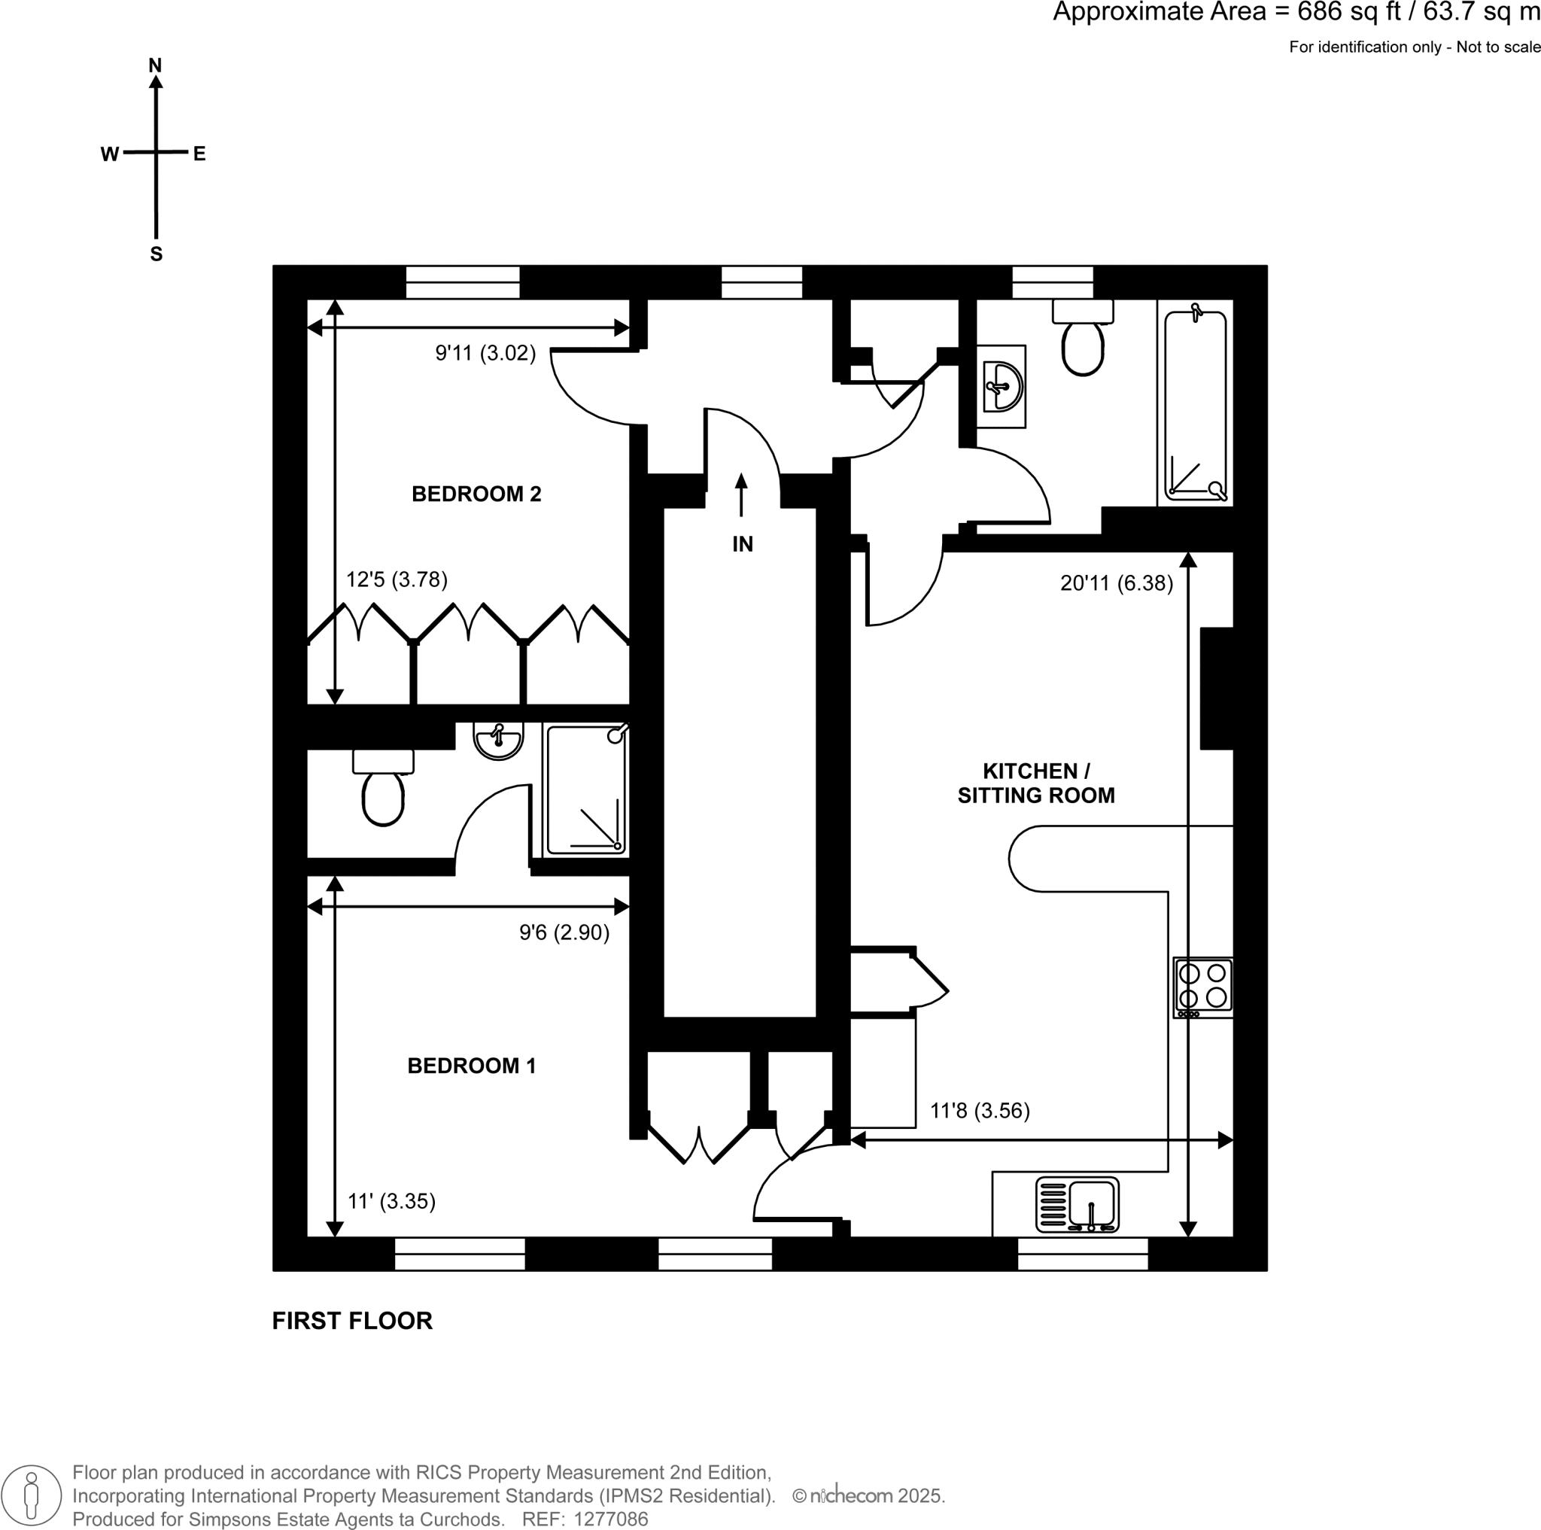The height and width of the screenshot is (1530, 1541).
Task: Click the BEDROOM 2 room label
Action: tap(476, 494)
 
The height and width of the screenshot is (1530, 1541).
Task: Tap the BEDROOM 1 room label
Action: tap(471, 1066)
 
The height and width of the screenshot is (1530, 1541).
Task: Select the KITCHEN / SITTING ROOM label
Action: tap(1036, 783)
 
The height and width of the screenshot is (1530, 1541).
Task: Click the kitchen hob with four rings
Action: tap(1203, 987)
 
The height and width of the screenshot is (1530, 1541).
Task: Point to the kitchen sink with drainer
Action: tap(1077, 1205)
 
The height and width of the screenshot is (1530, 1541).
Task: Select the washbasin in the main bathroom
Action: tap(1001, 387)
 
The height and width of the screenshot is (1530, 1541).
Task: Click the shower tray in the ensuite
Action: tap(585, 789)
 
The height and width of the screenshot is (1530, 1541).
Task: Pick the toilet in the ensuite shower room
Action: tap(384, 788)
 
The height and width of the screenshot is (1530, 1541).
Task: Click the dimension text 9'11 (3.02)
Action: tap(485, 353)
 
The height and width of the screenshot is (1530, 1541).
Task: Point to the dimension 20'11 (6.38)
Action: tap(1117, 583)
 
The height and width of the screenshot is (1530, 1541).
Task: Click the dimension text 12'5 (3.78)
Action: tap(397, 579)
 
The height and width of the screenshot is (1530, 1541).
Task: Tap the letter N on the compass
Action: tap(156, 65)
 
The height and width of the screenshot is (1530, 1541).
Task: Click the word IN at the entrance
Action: tap(743, 544)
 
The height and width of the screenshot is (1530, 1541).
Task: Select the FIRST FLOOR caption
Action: tap(353, 1321)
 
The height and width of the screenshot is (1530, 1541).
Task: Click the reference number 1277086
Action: tap(611, 1519)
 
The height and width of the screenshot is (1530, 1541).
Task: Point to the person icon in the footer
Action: tap(31, 1495)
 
